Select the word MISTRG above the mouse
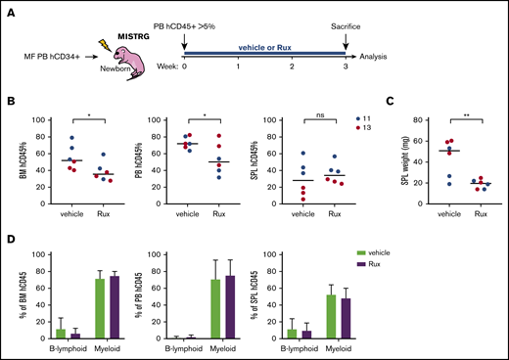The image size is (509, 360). (x=138, y=34)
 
